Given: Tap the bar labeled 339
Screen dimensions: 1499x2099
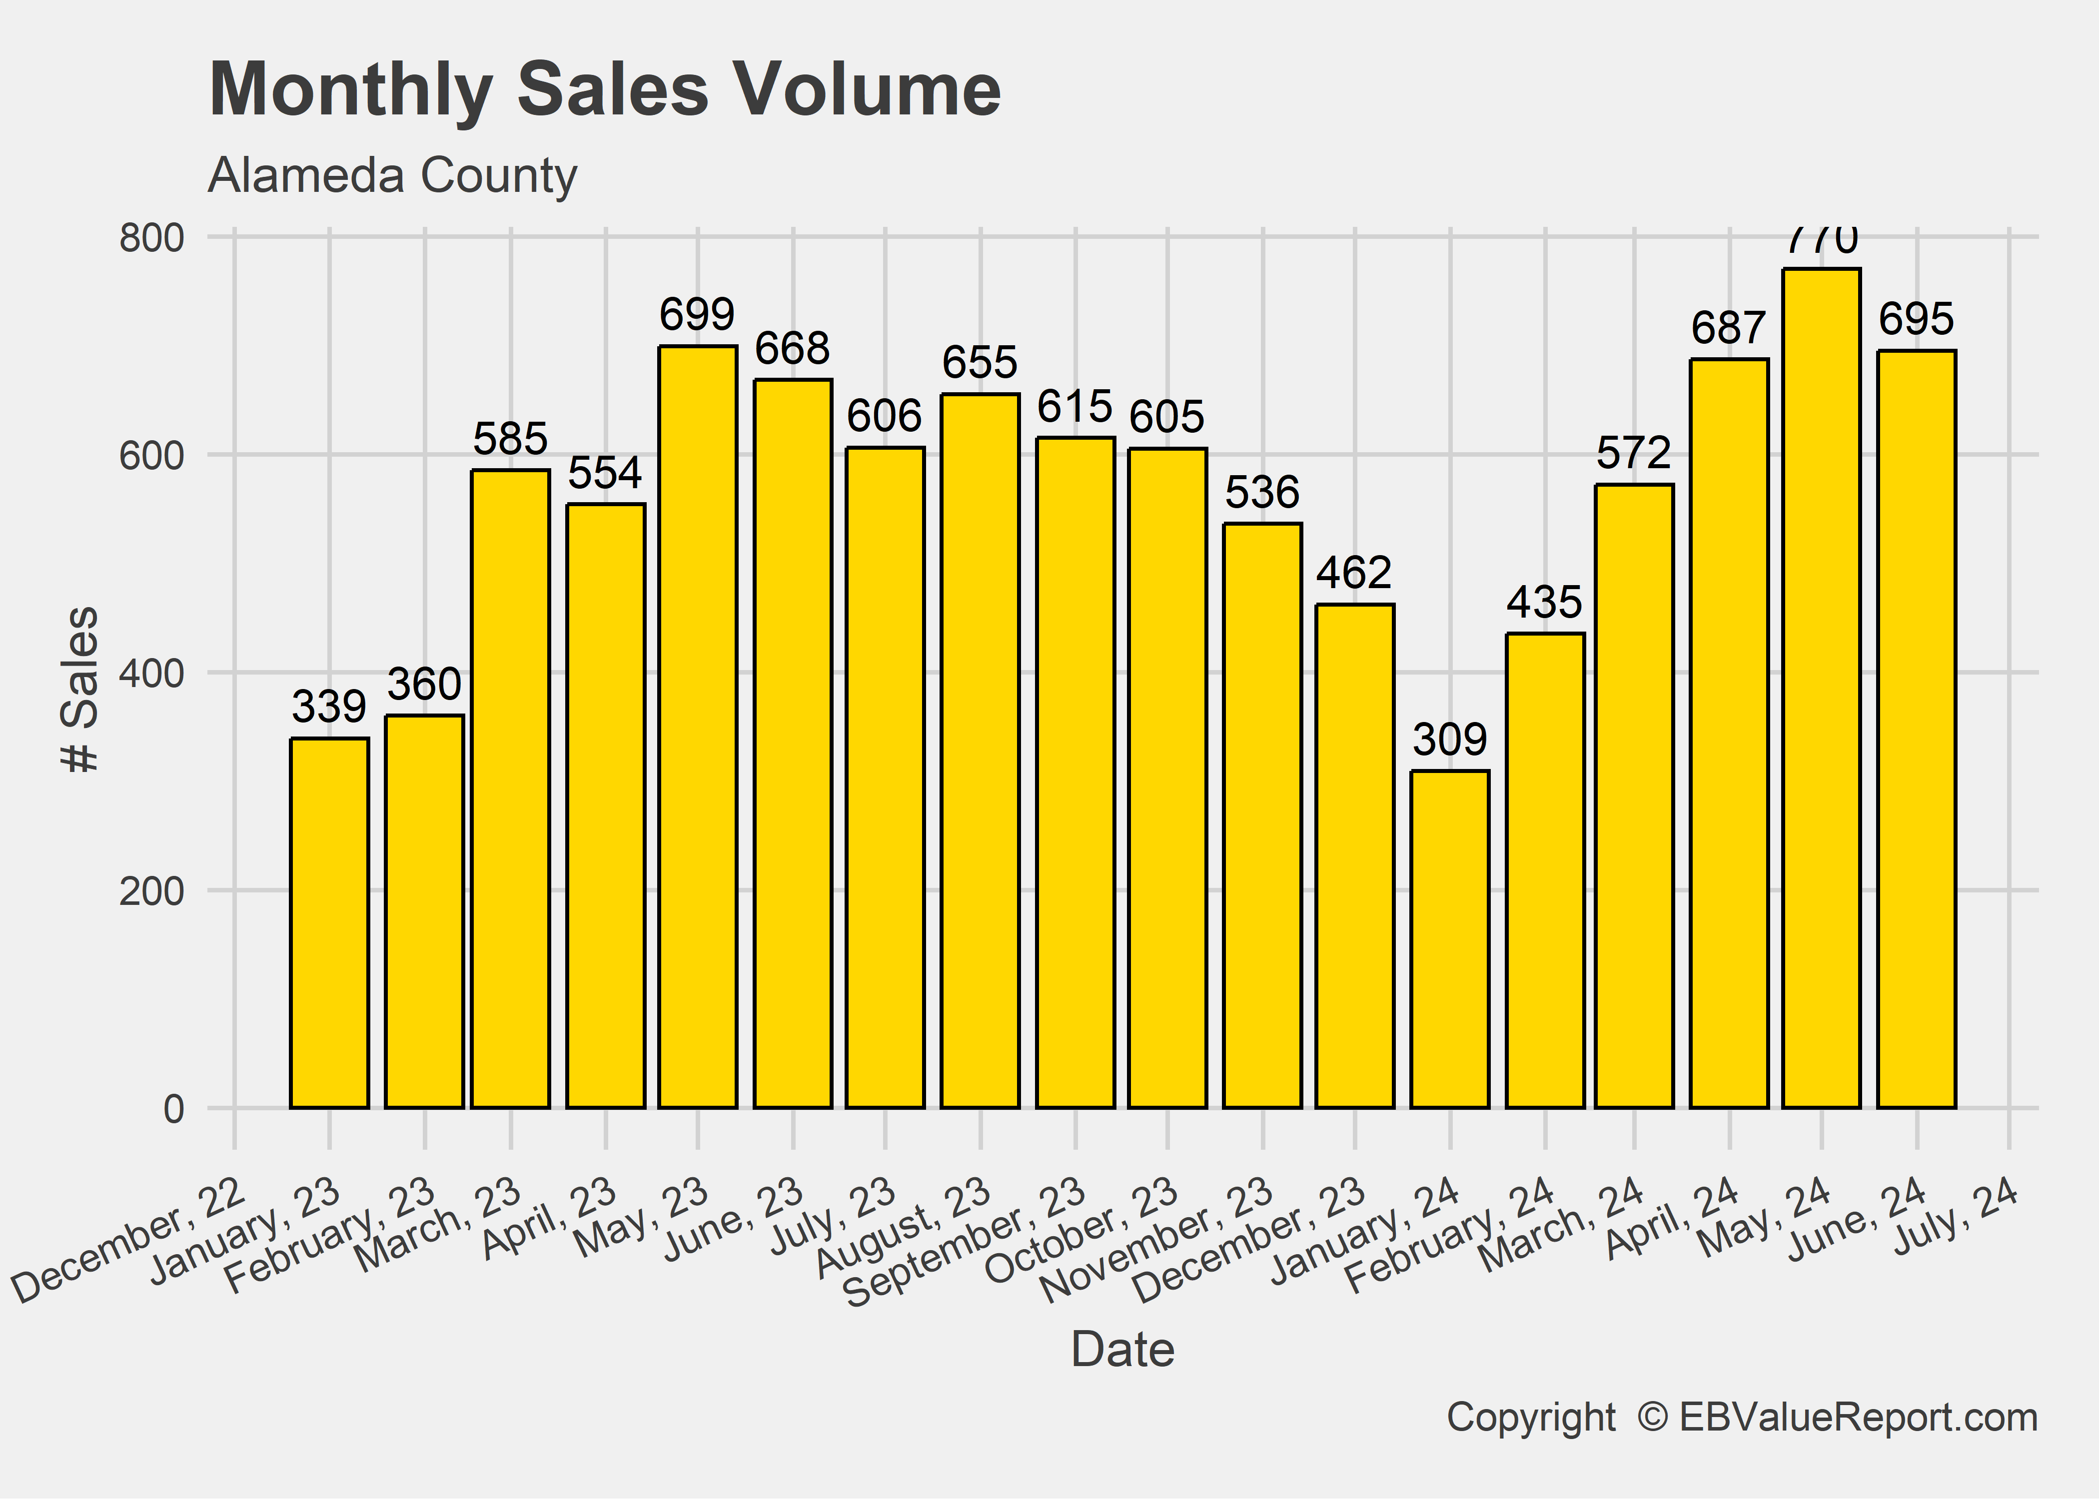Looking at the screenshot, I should coord(329,923).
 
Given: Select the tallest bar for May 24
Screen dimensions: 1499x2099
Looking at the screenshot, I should coord(1821,688).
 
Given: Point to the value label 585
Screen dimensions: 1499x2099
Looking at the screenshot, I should coord(510,438).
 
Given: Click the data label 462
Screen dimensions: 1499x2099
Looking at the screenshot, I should coord(1354,573).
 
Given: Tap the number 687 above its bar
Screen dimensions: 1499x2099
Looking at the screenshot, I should coord(1729,328).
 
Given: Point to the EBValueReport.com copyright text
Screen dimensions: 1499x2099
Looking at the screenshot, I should coord(1742,1418).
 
